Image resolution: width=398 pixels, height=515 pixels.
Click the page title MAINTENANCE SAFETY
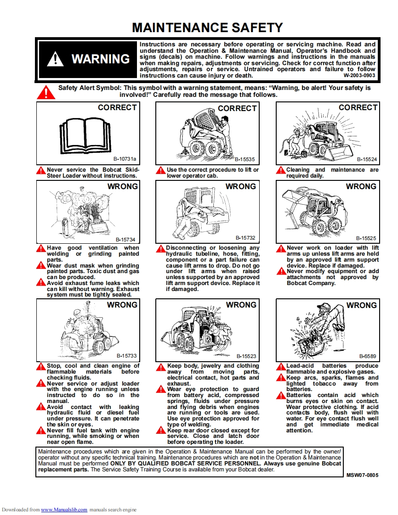(x=207, y=28)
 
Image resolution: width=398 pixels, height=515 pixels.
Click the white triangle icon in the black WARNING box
(x=56, y=59)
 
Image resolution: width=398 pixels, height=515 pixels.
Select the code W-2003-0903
(x=359, y=75)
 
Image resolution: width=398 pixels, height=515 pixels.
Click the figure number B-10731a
(x=126, y=159)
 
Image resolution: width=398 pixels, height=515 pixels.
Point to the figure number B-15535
(x=244, y=160)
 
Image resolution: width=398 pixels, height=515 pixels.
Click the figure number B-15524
(x=367, y=159)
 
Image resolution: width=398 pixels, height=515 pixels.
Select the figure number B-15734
(x=125, y=240)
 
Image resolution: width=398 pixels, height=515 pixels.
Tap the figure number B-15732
(x=245, y=238)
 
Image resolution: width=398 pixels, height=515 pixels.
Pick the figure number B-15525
(x=366, y=239)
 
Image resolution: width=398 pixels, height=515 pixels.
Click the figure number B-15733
(x=126, y=356)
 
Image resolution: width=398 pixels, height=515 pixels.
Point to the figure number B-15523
(x=246, y=356)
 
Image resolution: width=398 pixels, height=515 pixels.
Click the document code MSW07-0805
(x=363, y=476)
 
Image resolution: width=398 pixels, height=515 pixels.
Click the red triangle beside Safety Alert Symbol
(x=46, y=92)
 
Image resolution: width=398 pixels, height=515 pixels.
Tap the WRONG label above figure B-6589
(x=361, y=305)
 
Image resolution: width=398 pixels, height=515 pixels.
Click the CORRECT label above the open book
(x=117, y=107)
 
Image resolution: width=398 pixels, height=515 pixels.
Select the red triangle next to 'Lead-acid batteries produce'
(x=280, y=367)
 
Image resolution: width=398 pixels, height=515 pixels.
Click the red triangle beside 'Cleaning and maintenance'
(x=280, y=170)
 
